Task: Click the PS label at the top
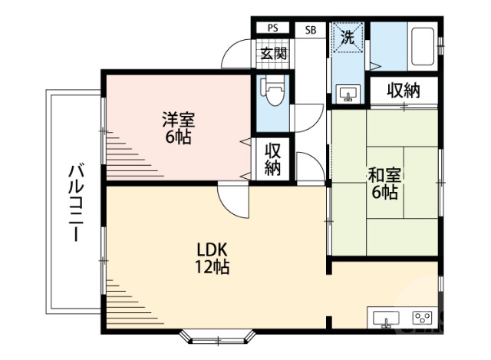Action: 272,29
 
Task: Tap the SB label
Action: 311,30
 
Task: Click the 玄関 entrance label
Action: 273,54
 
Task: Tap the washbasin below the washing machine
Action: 348,94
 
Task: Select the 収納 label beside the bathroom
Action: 403,90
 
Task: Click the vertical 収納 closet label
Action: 273,160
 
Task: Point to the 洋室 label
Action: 178,120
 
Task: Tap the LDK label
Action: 211,249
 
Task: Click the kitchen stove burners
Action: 421,317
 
